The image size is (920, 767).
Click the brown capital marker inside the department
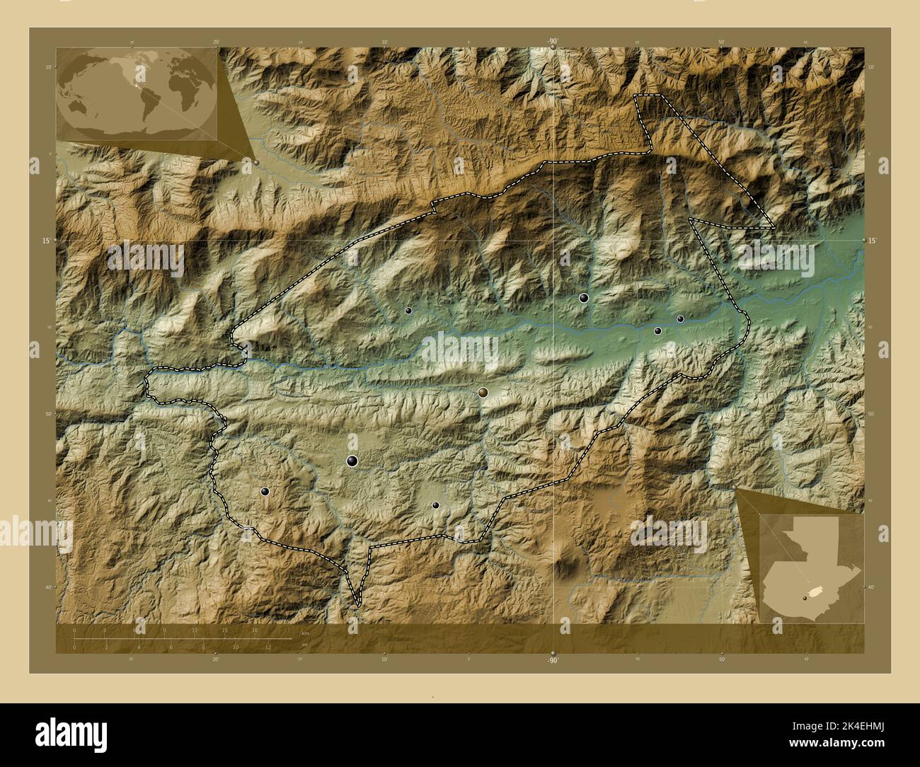click(483, 392)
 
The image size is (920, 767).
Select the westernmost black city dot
click(265, 491)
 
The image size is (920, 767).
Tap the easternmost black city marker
click(680, 319)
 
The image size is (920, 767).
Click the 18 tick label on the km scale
click(255, 630)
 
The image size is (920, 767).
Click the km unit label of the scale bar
click(305, 633)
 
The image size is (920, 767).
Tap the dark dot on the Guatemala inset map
click(805, 598)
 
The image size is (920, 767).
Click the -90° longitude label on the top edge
click(552, 42)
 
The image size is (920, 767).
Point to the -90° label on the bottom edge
click(552, 661)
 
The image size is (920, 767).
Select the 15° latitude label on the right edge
click(873, 241)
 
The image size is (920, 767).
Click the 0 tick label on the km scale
click(75, 630)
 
